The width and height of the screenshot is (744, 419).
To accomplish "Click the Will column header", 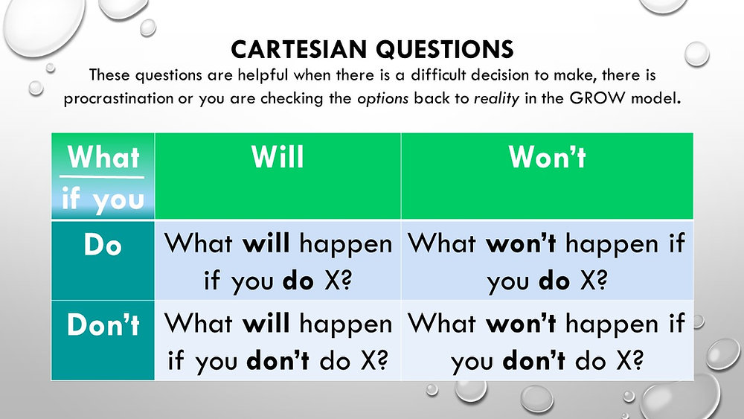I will pos(278,158).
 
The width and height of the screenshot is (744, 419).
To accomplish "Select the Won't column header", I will pos(547,158).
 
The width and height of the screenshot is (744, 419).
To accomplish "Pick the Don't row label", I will pos(103,325).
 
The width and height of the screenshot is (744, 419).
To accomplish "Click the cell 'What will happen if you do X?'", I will pos(278,260).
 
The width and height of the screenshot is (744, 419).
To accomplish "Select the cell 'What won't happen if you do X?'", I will pos(547,260).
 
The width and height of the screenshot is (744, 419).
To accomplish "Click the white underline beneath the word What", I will pos(103,177).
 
